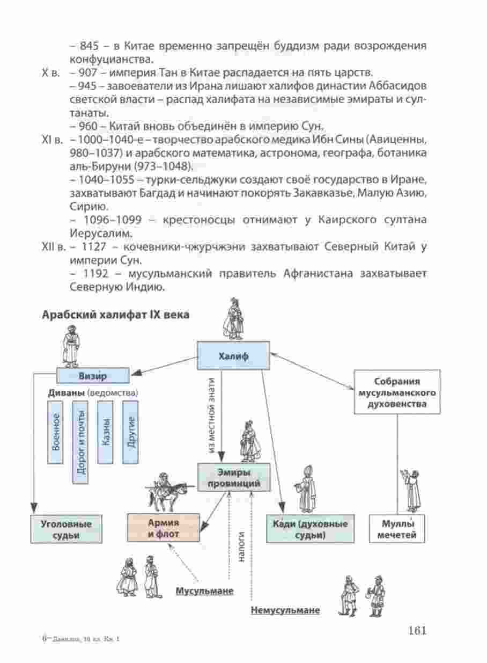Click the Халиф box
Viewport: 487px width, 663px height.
pos(233,355)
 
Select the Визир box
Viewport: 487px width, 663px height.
pos(93,376)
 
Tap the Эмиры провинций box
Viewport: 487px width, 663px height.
pos(234,477)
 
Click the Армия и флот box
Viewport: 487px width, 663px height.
pos(163,528)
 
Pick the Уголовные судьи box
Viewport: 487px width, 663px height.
pos(66,529)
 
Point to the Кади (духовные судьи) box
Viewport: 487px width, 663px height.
pos(310,529)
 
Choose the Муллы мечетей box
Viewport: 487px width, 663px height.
pos(397,529)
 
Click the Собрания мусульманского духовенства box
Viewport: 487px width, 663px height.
pos(397,392)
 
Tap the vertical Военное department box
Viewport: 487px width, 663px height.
pos(55,432)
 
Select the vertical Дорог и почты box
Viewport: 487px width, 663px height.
pos(80,442)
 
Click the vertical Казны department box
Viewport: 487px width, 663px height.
pos(105,432)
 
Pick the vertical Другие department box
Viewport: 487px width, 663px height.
pos(130,432)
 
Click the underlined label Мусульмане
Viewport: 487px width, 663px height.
pos(205,591)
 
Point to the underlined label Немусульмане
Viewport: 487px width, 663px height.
pos(285,610)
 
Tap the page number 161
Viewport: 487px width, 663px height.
pos(417,630)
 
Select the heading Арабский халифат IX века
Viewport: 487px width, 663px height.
pos(116,315)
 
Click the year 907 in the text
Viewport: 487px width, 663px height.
pos(88,72)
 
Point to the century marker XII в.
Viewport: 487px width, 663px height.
pos(54,246)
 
